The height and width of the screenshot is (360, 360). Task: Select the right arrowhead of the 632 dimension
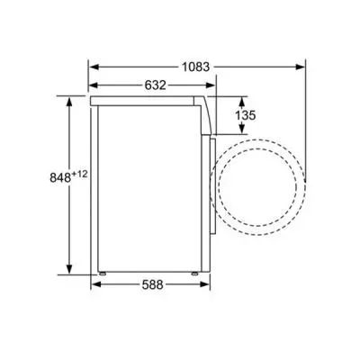212,85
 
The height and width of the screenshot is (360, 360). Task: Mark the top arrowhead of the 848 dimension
69,96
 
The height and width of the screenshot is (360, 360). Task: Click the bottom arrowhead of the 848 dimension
69,271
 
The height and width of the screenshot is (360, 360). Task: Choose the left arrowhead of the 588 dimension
94,287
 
